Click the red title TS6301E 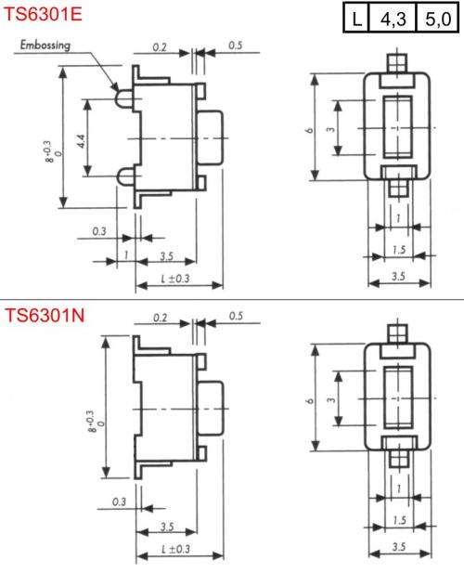click(43, 14)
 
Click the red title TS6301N click(45, 315)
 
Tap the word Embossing click(45, 46)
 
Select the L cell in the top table click(356, 18)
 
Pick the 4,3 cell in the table click(393, 18)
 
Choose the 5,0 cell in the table click(437, 18)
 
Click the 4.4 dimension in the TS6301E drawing click(82, 141)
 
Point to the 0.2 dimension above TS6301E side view click(160, 47)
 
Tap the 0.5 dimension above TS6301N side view click(236, 316)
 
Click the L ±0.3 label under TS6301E click(175, 279)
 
